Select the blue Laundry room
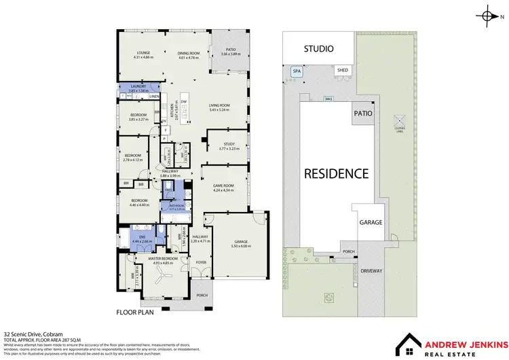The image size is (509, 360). tap(138, 88)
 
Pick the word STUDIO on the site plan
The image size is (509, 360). tap(318, 48)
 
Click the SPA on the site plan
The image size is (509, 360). tap(297, 71)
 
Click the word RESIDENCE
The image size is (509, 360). tap(336, 173)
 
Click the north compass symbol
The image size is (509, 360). tap(489, 14)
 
